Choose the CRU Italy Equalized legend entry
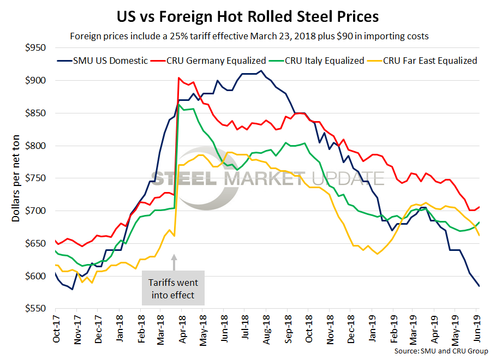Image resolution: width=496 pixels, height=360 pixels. tap(322, 61)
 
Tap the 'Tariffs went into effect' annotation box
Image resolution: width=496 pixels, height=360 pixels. tap(173, 288)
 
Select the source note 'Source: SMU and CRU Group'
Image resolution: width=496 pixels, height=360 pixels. tap(441, 351)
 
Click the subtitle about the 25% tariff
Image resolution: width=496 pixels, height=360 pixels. tap(248, 37)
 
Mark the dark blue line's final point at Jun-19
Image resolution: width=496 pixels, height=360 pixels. tap(480, 286)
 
